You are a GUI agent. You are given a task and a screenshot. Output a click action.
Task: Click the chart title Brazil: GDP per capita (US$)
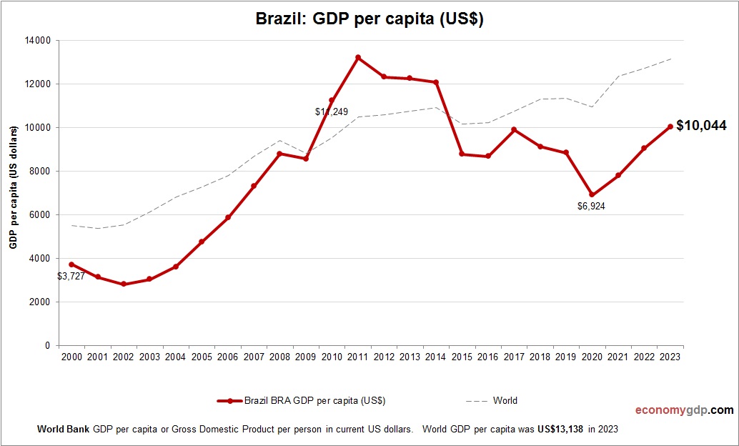pos(369,19)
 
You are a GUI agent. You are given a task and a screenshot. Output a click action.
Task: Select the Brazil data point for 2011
pos(358,57)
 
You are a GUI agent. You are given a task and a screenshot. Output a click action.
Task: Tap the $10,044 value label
pos(701,126)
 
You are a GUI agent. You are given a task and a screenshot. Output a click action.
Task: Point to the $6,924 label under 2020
pos(591,206)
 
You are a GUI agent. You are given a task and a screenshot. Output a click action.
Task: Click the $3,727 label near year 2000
pos(71,276)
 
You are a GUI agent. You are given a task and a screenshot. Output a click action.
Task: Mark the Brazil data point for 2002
pos(124,284)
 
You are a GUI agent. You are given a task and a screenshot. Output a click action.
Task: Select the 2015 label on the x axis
pos(462,357)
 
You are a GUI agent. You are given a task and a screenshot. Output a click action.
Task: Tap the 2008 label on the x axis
pos(279,357)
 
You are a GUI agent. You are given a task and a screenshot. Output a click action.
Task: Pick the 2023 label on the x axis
pos(670,357)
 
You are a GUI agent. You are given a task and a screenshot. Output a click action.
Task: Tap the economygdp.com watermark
pos(685,410)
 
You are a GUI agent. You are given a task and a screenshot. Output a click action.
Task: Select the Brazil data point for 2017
pos(514,129)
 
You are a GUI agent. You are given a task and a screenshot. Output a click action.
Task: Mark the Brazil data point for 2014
pos(436,82)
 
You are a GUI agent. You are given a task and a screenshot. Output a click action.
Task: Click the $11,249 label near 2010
pos(331,112)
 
